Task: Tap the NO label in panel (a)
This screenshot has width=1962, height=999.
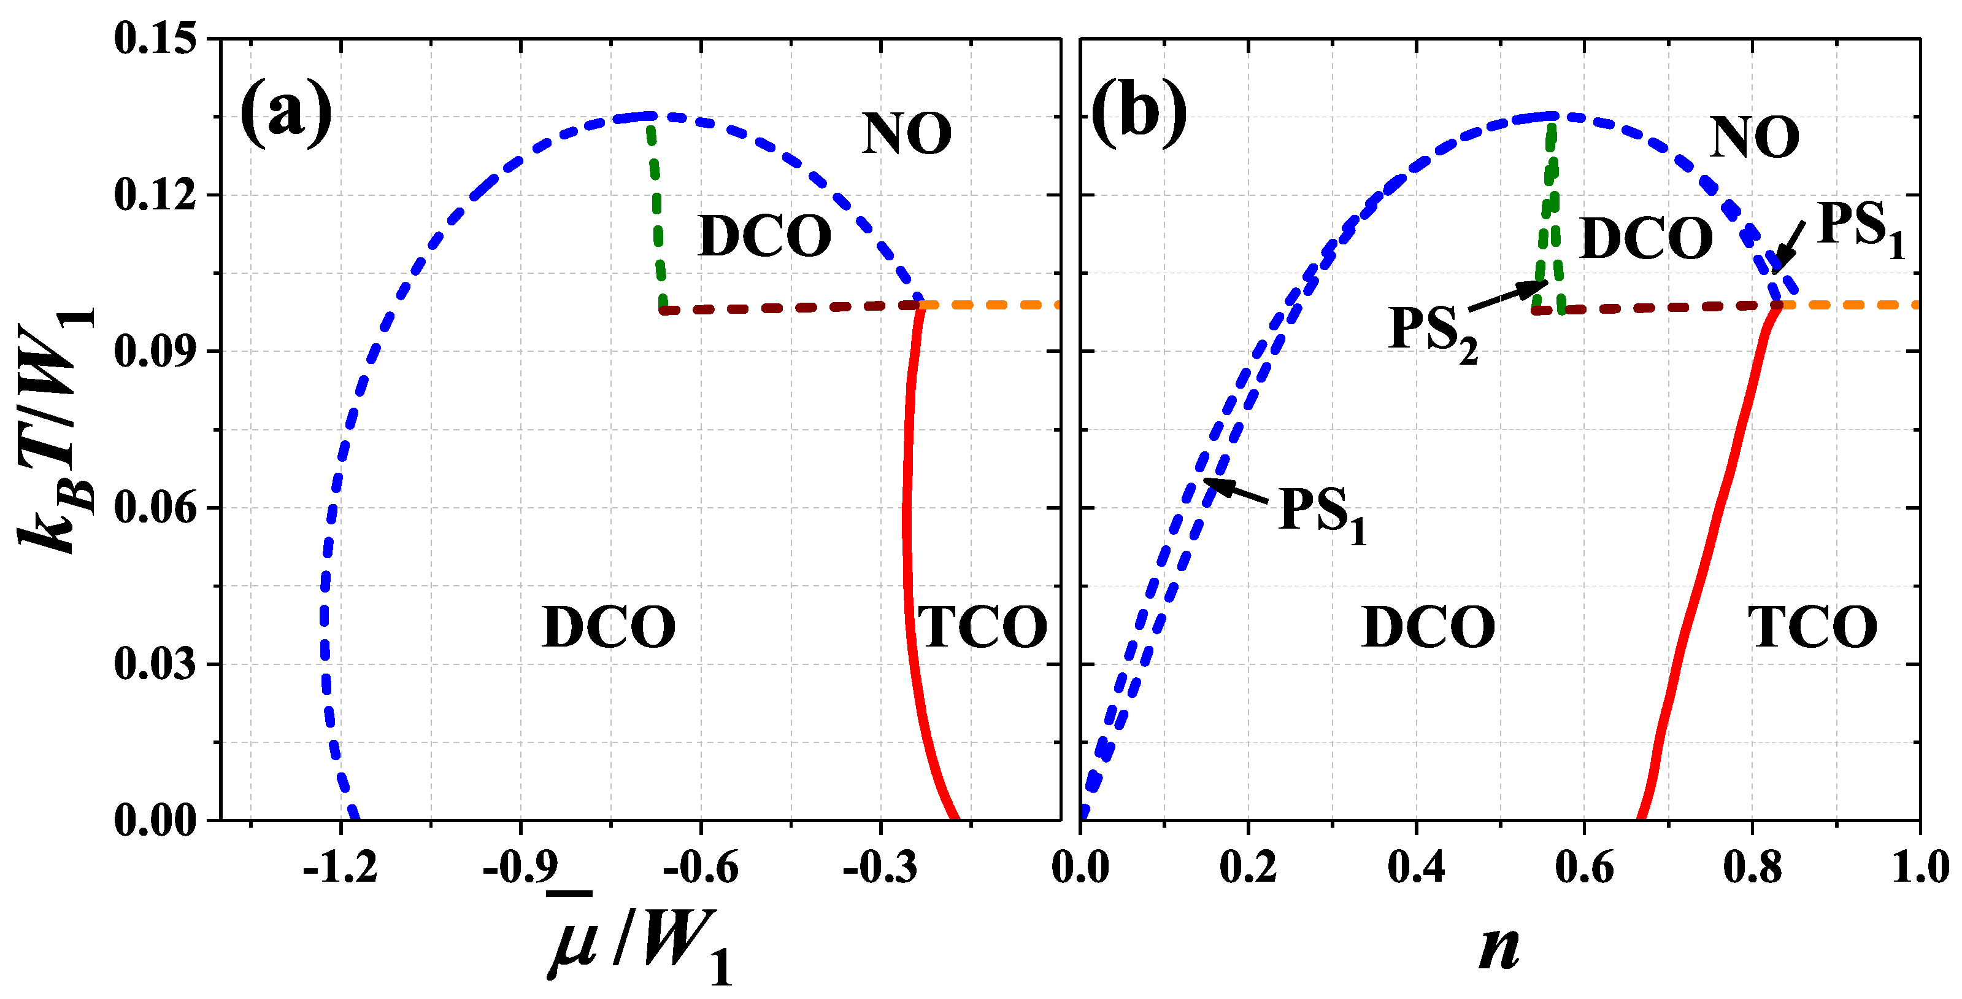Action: pos(906,134)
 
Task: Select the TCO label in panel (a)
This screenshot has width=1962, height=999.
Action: pos(982,627)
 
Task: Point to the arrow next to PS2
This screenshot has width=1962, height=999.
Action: pos(1508,296)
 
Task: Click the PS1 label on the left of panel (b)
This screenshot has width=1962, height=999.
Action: pos(1322,513)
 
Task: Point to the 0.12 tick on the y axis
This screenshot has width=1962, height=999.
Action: pos(156,194)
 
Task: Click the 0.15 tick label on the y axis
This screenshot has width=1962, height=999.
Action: pos(156,38)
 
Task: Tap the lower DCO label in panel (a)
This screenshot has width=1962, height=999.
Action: pos(609,627)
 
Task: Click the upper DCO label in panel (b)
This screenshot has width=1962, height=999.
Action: pos(1646,238)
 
